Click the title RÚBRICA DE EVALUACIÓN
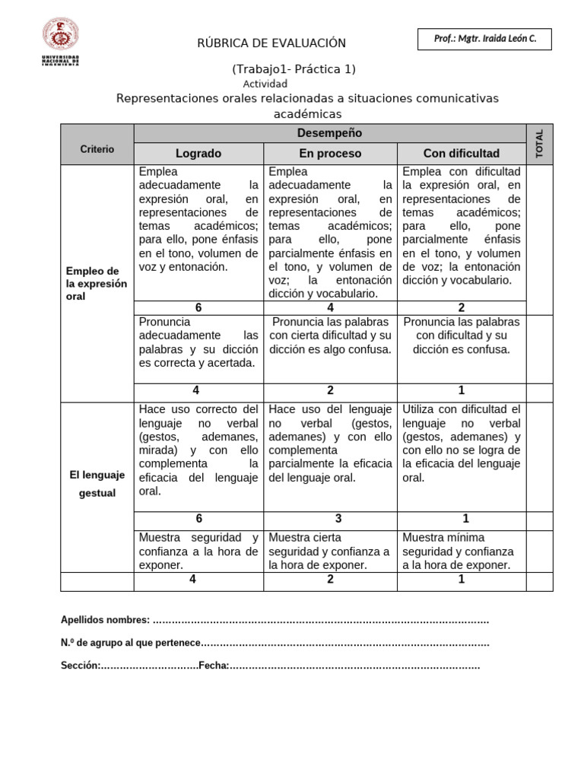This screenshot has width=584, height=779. tap(271, 43)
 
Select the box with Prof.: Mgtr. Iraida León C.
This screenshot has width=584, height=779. tap(484, 40)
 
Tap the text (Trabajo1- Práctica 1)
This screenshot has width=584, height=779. tap(294, 69)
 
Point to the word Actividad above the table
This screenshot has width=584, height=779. tap(265, 84)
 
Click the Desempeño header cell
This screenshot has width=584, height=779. tap(330, 133)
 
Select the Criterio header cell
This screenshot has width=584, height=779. tap(97, 149)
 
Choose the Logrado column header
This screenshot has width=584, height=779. tap(198, 154)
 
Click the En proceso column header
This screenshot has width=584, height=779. tap(330, 154)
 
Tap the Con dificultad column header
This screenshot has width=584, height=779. tap(461, 154)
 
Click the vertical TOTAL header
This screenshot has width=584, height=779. tap(540, 144)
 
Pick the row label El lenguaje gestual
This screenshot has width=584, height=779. tap(97, 484)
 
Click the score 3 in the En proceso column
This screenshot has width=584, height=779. tap(330, 519)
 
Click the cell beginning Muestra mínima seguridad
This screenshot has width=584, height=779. tap(461, 551)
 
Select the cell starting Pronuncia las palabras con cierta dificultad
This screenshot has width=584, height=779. tap(330, 335)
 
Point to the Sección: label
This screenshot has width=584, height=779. tap(80, 666)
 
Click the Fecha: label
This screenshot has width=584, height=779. tap(214, 666)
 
